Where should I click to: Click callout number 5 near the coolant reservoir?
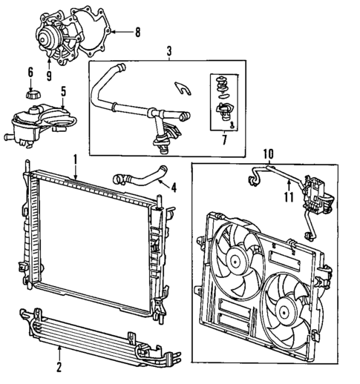pyautogui.click(x=63, y=93)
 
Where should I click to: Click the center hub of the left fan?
pyautogui.click(x=237, y=259)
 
